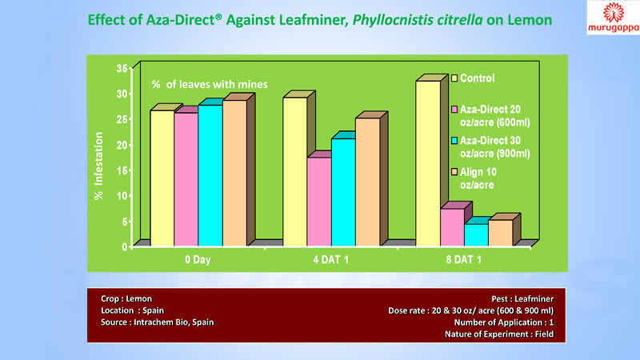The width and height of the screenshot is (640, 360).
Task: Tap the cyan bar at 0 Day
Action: [x=210, y=175]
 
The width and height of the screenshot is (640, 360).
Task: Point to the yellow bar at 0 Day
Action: [x=162, y=178]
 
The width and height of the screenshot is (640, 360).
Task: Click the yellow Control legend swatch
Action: [x=454, y=78]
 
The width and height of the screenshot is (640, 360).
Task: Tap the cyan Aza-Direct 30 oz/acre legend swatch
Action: [x=454, y=141]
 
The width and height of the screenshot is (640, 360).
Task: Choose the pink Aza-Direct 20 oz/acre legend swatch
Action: [x=454, y=109]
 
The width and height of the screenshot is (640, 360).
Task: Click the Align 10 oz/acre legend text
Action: [x=482, y=178]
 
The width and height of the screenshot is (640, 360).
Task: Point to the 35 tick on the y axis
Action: [x=122, y=69]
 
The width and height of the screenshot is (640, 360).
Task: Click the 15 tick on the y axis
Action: [x=122, y=170]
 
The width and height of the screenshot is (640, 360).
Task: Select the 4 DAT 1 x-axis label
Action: [x=332, y=260]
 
